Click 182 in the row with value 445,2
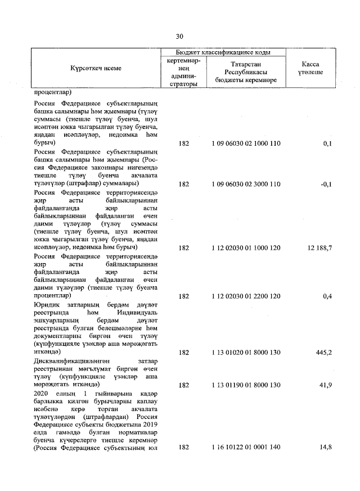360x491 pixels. [x=183, y=353]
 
